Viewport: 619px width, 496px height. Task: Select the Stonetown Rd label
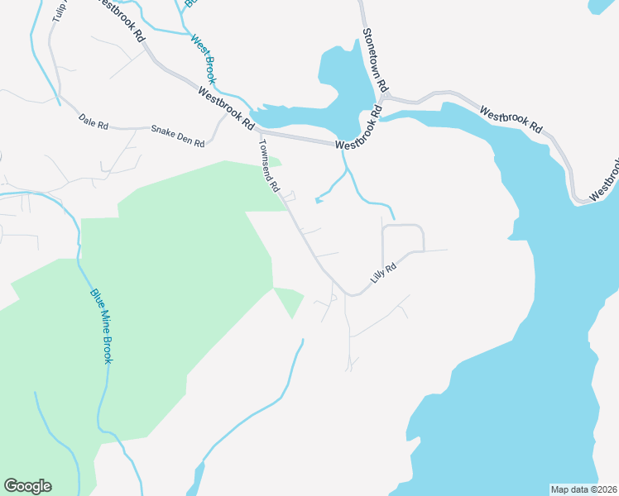click(x=375, y=61)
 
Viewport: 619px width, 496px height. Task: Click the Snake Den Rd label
click(x=177, y=136)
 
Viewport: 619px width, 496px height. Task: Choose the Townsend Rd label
click(x=269, y=165)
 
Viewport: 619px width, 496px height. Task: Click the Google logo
click(x=27, y=486)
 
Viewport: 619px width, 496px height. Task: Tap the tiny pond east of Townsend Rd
click(x=318, y=200)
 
